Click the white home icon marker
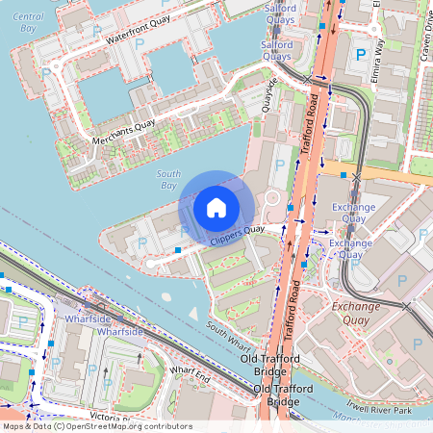[216, 207]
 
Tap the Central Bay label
[29, 23]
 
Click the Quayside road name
[274, 95]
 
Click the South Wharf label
[228, 334]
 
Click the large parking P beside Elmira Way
[362, 57]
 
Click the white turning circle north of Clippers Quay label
[271, 198]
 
